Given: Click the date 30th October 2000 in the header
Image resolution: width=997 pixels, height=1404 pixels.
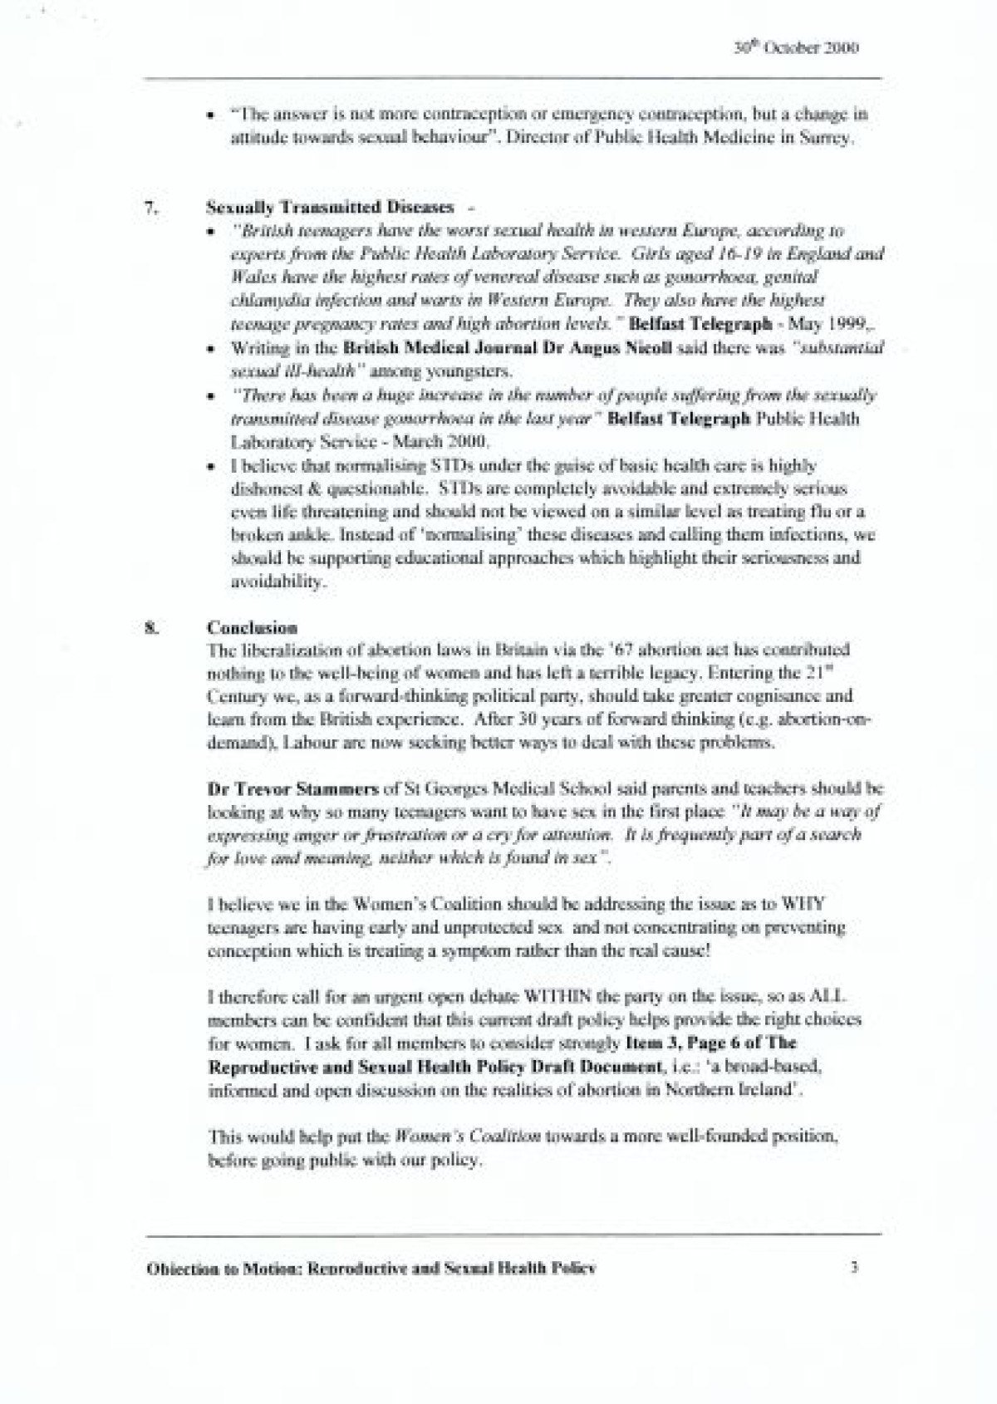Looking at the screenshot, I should pyautogui.click(x=797, y=47).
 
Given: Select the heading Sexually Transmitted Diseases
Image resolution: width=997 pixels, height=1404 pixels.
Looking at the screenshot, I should pyautogui.click(x=330, y=207).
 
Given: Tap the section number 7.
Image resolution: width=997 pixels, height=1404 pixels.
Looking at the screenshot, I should pyautogui.click(x=151, y=207).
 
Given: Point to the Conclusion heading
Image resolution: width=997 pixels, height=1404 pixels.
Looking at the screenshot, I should pyautogui.click(x=252, y=627).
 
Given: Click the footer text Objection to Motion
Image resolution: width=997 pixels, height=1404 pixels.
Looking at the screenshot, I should pyautogui.click(x=222, y=1269).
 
